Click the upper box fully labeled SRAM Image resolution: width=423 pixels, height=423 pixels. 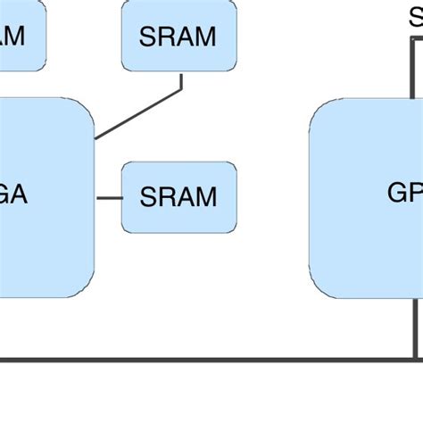(x=179, y=36)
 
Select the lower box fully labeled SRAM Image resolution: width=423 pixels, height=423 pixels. (x=179, y=196)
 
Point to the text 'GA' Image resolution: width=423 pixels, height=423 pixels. (x=12, y=195)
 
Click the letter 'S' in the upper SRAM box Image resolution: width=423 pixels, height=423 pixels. (x=148, y=37)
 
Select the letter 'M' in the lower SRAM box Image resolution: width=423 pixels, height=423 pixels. (x=205, y=196)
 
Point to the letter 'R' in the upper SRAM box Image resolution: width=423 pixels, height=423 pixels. (x=165, y=37)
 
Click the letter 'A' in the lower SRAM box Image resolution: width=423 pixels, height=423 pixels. (x=185, y=196)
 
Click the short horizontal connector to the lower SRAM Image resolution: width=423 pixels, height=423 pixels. (x=109, y=197)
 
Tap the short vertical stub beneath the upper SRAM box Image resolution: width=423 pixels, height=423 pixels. (x=181, y=80)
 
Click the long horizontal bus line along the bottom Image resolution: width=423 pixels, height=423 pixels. (x=205, y=360)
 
